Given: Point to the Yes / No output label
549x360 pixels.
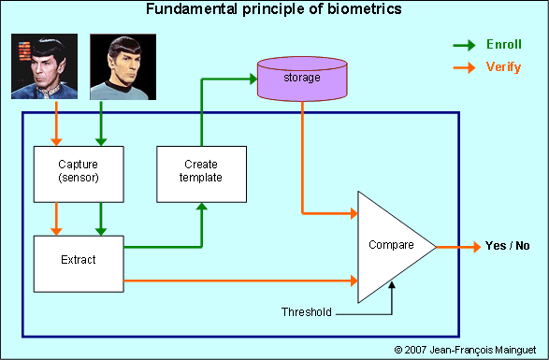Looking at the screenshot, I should [508, 246].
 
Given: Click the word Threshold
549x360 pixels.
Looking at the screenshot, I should [307, 311].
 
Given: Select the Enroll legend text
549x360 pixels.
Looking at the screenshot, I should [504, 44].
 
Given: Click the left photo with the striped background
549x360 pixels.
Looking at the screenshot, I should [44, 67].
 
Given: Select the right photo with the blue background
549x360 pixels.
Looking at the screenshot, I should [123, 67].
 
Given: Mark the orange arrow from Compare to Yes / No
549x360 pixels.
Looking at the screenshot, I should [458, 247].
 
